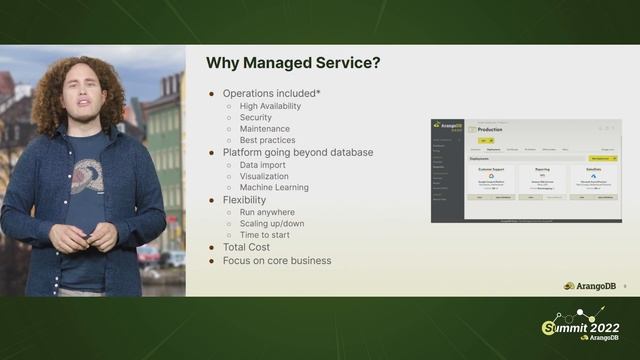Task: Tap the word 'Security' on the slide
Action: pos(256,117)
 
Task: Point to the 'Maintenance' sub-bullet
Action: pos(265,129)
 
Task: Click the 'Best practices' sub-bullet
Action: pos(268,140)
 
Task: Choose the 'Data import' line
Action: pos(263,164)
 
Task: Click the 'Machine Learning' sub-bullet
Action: pos(274,187)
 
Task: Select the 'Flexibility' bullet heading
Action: pos(244,200)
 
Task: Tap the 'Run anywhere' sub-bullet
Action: pos(267,212)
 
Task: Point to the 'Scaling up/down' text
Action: pos(273,223)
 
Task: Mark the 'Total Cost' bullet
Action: pos(245,247)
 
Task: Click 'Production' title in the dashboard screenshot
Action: pos(490,130)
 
